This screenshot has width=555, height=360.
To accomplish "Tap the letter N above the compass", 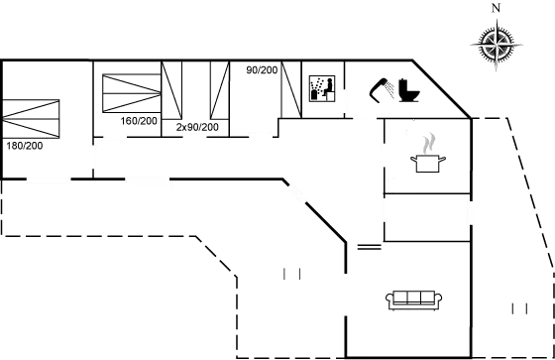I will [496, 8].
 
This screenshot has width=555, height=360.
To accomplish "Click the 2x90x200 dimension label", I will [197, 127].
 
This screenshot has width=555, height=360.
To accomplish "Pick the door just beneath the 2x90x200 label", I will [194, 137].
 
